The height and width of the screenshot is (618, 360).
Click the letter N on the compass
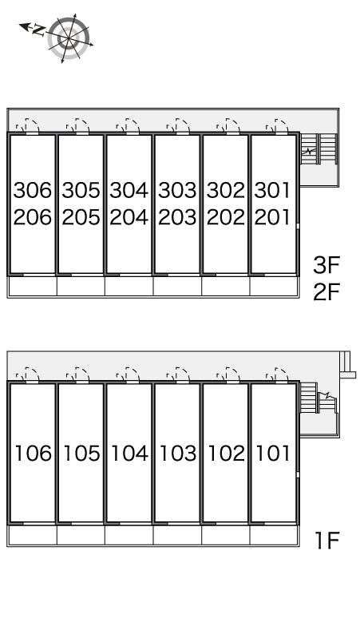(x=39, y=30)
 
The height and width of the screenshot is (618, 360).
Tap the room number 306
(x=33, y=190)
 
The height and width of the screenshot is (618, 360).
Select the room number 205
(x=81, y=217)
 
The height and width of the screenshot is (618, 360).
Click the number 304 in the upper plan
(x=129, y=190)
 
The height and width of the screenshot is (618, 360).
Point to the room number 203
(x=178, y=217)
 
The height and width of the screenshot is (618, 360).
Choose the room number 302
(x=226, y=190)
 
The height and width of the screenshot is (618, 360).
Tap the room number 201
(x=272, y=217)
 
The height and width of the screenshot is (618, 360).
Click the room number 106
(x=34, y=454)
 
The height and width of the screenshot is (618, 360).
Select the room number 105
(x=82, y=454)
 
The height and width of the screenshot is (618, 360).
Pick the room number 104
(x=130, y=454)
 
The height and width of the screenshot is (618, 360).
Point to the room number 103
(x=179, y=454)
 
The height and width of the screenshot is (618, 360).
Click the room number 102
(x=227, y=454)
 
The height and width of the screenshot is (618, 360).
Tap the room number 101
(x=273, y=454)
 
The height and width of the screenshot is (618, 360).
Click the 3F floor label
(x=326, y=265)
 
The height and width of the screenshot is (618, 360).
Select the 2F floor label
(x=326, y=292)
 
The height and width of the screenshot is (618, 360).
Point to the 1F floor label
(x=327, y=541)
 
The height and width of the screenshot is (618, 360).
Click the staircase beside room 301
(x=319, y=149)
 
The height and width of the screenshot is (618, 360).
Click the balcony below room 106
(x=33, y=535)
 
